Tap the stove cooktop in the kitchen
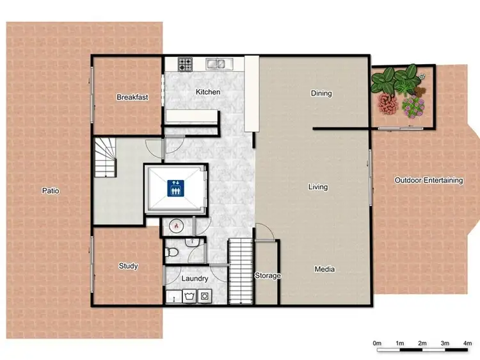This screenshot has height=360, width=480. (186, 63)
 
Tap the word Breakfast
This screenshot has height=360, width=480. (132, 97)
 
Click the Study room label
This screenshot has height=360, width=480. (128, 266)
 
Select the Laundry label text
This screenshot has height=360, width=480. (194, 279)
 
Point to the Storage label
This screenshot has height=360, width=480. (268, 275)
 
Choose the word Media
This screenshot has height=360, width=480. (324, 269)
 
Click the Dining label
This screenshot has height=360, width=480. (321, 94)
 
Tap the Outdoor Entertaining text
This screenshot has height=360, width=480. (428, 181)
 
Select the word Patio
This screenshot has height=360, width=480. (51, 190)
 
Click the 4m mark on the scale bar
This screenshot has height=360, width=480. (467, 343)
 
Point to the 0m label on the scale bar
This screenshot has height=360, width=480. (377, 343)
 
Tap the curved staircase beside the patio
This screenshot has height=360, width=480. (105, 158)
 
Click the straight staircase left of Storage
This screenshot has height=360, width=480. (241, 270)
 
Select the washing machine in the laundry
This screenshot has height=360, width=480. (204, 296)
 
